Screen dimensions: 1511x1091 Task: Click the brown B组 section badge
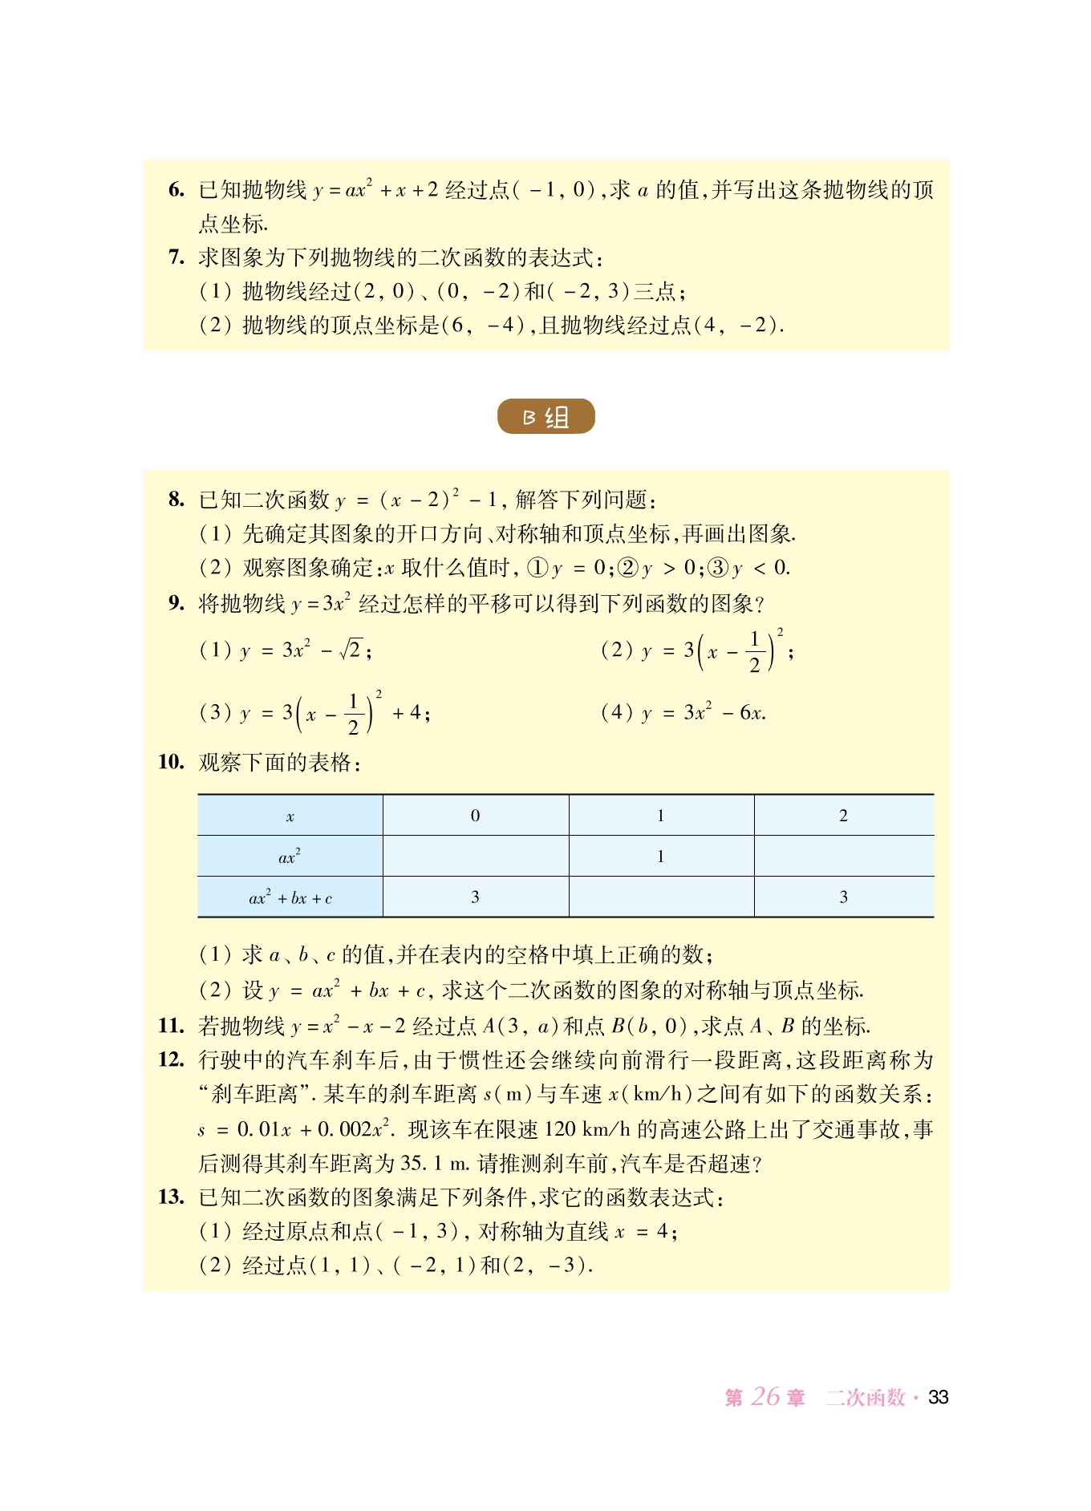[x=545, y=416]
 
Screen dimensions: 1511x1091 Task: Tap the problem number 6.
[x=176, y=189]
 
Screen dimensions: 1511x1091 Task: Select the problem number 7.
[x=176, y=257]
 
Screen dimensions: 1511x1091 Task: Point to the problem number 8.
[x=176, y=499]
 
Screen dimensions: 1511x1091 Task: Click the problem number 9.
[x=176, y=602]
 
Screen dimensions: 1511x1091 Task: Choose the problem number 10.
[x=172, y=761]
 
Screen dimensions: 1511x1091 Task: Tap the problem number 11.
[x=172, y=1025]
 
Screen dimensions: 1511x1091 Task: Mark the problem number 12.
[x=172, y=1059]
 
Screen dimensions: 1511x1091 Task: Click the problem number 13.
[x=172, y=1197]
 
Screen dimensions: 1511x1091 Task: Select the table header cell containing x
[x=290, y=816]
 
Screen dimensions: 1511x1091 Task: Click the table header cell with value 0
[x=475, y=816]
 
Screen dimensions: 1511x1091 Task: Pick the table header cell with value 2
[x=843, y=816]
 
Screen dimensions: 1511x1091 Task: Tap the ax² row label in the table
[x=290, y=857]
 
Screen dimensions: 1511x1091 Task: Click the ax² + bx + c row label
[x=290, y=897]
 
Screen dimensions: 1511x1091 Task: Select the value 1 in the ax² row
[x=660, y=857]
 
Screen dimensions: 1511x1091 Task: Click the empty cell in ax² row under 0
[x=475, y=857]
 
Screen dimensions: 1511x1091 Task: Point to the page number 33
[x=938, y=1397]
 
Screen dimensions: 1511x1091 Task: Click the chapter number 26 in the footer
[x=765, y=1396]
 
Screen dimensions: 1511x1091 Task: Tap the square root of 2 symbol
[x=351, y=649]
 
